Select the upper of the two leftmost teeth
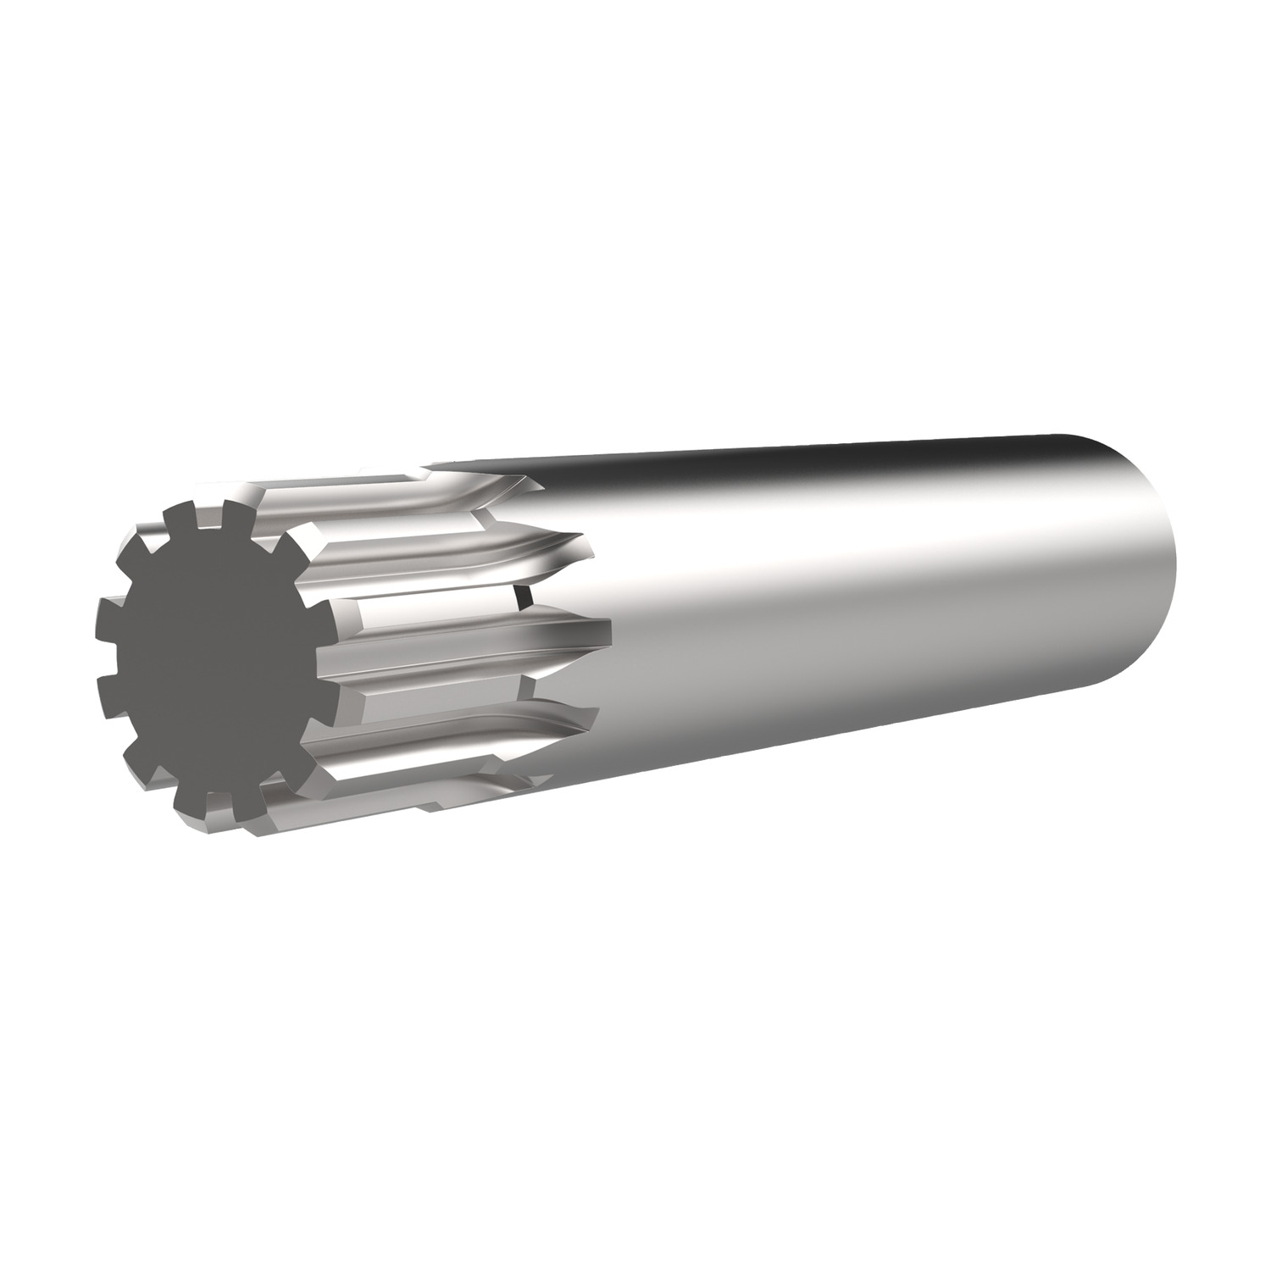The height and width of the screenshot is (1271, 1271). (108, 608)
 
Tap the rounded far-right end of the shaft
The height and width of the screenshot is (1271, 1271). (1174, 551)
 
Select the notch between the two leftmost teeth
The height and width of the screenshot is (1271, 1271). (106, 637)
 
